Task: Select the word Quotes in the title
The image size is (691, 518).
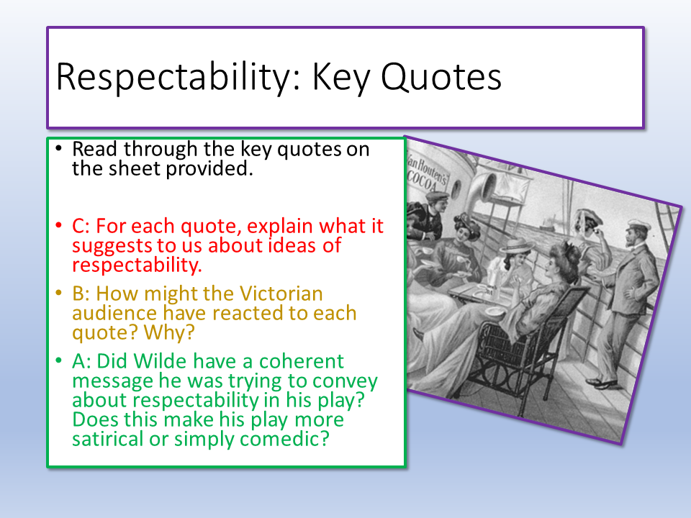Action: [441, 77]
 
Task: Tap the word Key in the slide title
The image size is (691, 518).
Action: [341, 78]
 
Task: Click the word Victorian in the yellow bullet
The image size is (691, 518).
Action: [281, 294]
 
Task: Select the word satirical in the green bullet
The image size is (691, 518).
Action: [107, 439]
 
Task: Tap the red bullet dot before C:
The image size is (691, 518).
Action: [58, 225]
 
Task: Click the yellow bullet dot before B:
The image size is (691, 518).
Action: [58, 293]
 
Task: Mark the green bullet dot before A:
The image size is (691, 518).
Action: [58, 360]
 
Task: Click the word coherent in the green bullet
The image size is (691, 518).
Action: [302, 361]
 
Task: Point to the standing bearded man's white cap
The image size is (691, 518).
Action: [638, 226]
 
